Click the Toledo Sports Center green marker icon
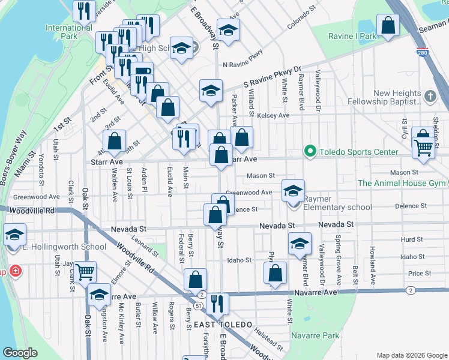coord(310,151)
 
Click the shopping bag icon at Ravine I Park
coord(388,25)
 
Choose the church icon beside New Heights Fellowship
coord(430,96)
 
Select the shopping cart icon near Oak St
coord(85,271)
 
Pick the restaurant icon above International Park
coord(84,10)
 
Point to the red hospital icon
coord(15,272)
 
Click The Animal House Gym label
coord(401,183)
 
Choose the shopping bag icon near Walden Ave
coord(114,141)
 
